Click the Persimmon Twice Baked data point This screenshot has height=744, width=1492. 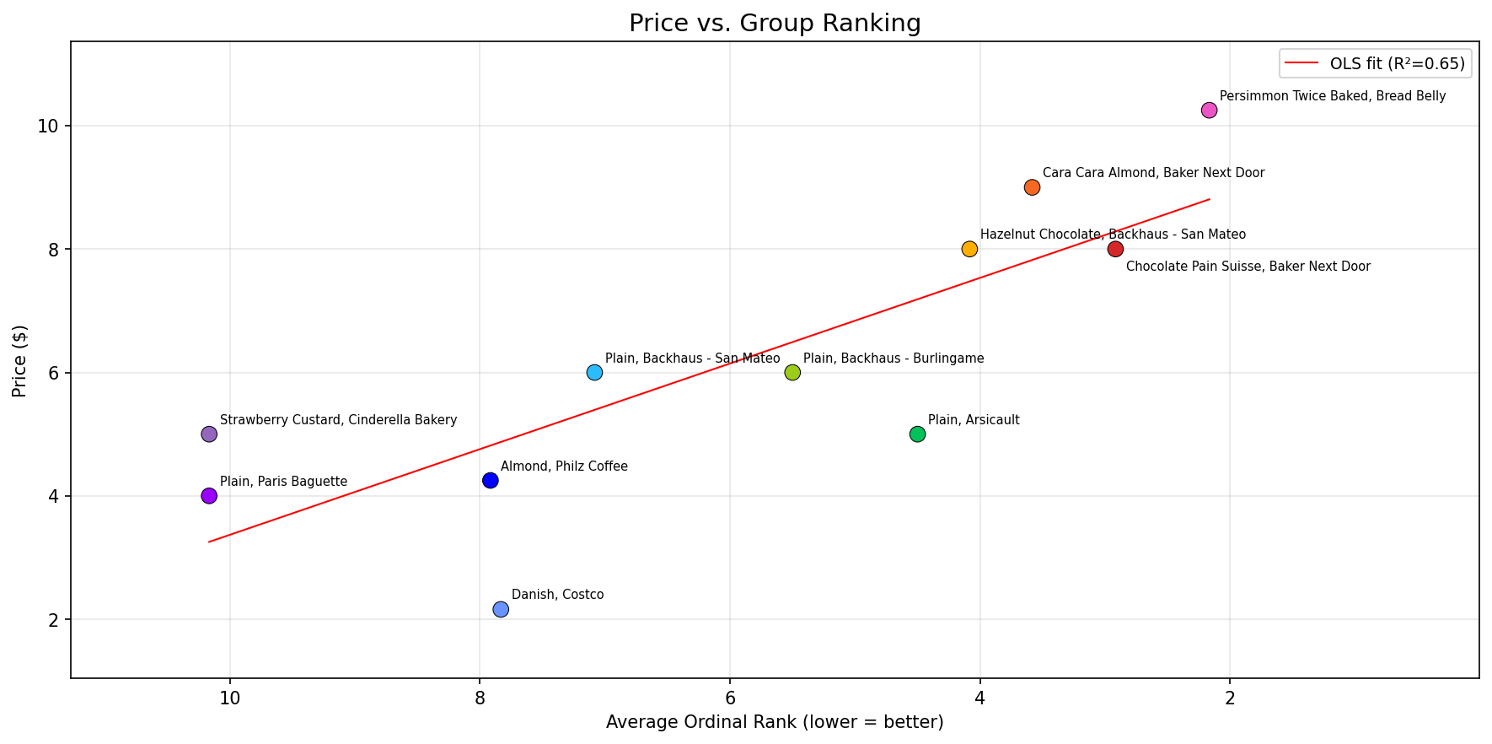coord(1209,111)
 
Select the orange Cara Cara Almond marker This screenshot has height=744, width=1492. coord(1032,187)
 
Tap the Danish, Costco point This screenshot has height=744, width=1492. coord(501,609)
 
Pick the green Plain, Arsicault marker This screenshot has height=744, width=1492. coord(917,434)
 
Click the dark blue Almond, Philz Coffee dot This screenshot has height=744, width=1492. coord(490,481)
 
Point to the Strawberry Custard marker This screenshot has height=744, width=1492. coord(209,434)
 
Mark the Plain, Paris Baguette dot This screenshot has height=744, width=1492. coord(209,496)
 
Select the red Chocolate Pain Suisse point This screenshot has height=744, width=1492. coord(1115,249)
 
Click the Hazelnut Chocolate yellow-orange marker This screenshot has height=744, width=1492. coord(969,249)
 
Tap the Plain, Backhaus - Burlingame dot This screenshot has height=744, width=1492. coord(792,373)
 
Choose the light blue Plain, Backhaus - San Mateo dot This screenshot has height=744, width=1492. coord(594,373)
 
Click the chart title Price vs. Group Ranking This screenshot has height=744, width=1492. coord(775,23)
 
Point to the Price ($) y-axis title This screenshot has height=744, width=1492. coord(19,360)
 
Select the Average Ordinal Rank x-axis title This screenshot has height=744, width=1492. coord(775,722)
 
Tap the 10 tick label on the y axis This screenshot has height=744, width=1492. coord(49,127)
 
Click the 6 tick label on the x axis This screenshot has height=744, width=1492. coord(729,699)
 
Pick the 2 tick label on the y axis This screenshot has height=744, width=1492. coord(53,620)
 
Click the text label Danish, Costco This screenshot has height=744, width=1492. coord(557,595)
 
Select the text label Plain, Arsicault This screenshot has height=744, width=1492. coord(974,420)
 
